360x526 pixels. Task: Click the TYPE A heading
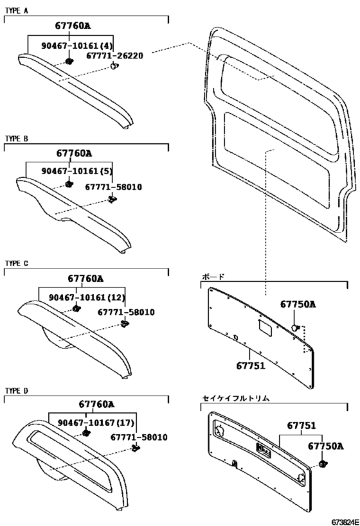(17, 11)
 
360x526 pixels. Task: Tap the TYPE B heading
(17, 139)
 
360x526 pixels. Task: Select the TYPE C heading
(17, 263)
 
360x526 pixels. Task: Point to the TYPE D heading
(17, 391)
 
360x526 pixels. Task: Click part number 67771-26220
(114, 56)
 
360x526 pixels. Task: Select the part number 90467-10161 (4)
(77, 46)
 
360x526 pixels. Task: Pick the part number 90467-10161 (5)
(77, 171)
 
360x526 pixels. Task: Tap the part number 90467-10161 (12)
(87, 297)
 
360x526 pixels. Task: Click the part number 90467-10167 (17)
(96, 423)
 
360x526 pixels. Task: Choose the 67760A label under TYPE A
(73, 26)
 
